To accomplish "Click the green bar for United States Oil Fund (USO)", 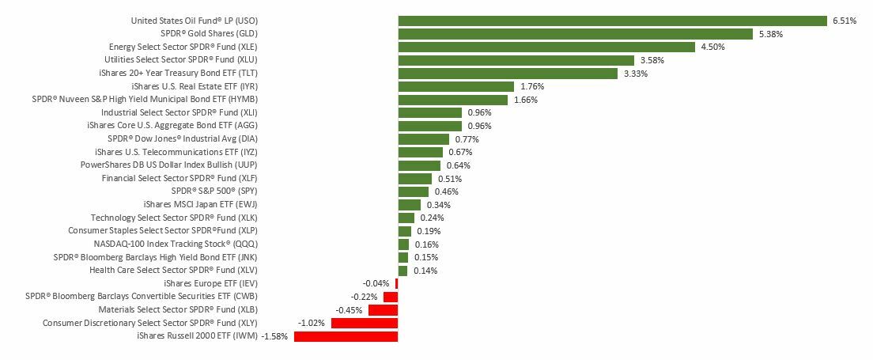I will click(612, 21).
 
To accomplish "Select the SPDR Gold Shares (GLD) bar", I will click(575, 34).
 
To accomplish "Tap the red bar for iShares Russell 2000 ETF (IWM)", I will click(346, 336).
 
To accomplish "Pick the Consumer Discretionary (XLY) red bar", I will click(365, 323).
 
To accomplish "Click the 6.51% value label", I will click(844, 21).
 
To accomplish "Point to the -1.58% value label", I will click(274, 336).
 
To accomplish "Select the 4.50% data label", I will click(712, 47).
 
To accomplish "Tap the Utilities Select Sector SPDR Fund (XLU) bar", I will click(516, 60).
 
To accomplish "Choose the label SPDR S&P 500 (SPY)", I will click(214, 191).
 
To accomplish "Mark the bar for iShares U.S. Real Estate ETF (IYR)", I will click(455, 86).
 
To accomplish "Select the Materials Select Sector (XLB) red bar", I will click(383, 310).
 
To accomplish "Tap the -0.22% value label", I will click(364, 297).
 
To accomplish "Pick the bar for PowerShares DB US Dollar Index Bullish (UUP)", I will click(419, 165).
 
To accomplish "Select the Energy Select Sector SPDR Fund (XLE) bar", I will click(546, 47).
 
